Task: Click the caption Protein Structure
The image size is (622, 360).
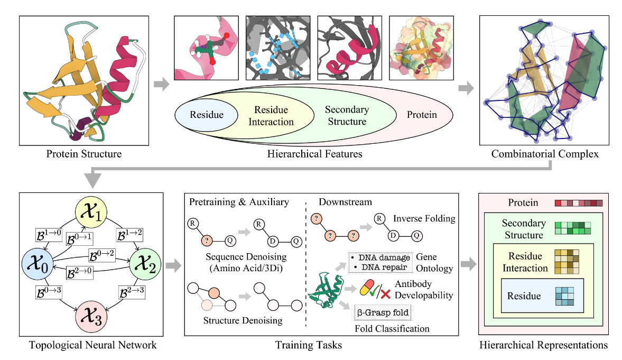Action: click(84, 154)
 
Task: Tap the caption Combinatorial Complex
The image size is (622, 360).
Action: click(545, 154)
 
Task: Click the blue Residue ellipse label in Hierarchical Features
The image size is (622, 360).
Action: click(207, 115)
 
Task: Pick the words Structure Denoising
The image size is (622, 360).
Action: click(236, 320)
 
